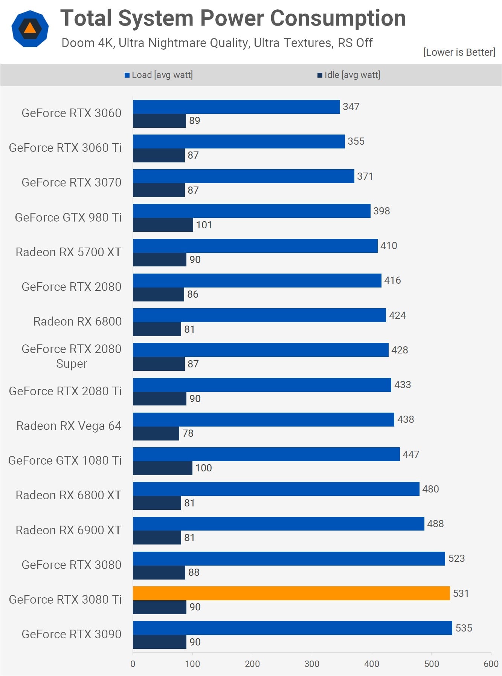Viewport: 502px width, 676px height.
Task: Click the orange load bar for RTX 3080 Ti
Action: (291, 593)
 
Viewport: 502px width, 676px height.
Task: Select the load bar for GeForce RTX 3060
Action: (236, 107)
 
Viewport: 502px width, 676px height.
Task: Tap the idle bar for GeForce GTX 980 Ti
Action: (163, 225)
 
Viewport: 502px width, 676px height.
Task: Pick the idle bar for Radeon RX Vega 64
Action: (156, 433)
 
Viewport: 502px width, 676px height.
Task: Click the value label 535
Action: (464, 628)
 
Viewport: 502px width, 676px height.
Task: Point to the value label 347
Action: (351, 107)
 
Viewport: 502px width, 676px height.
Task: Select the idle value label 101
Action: (204, 225)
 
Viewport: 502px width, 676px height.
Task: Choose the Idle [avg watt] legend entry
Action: (349, 75)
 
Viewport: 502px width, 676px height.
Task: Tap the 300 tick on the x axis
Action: (311, 664)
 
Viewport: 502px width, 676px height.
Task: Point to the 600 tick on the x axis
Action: (491, 664)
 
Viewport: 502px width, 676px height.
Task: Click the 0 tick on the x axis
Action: (133, 664)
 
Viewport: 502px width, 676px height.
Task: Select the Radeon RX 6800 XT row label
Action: (69, 495)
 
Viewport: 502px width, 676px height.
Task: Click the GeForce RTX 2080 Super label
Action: (72, 356)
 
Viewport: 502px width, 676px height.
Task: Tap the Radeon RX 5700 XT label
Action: (69, 252)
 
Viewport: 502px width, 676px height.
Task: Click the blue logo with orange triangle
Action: (30, 29)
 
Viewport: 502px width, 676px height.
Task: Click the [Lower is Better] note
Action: (459, 52)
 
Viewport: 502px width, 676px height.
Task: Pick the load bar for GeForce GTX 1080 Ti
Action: (266, 454)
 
